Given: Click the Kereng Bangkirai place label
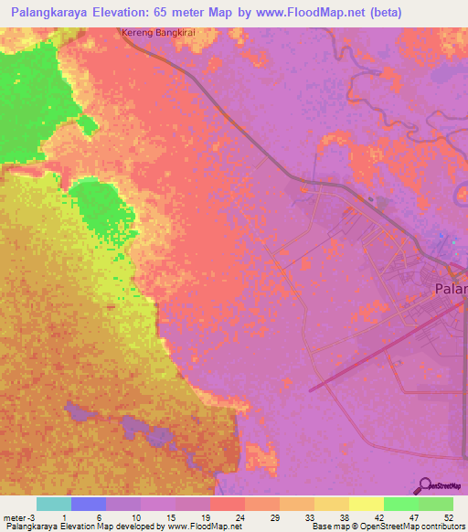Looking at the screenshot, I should click(x=159, y=33).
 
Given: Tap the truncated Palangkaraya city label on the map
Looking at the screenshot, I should click(x=449, y=289).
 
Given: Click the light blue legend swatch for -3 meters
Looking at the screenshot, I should click(x=53, y=504).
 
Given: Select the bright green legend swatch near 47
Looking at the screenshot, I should click(x=400, y=504).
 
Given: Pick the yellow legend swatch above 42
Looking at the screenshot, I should click(x=366, y=504).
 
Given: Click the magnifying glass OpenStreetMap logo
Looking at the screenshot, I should click(x=425, y=485).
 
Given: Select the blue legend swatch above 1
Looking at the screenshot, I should click(x=88, y=504).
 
